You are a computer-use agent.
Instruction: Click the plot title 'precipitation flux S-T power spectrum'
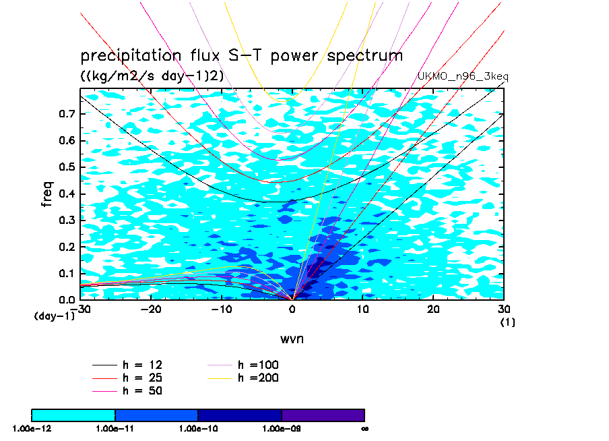coord(241,55)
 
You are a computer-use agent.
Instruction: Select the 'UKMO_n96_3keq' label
coord(463,76)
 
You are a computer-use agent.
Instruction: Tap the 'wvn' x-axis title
coord(292,339)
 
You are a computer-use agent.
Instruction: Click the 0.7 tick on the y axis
coord(66,115)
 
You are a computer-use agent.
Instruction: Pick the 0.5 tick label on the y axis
coord(66,167)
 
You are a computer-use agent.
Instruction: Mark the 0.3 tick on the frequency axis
coord(66,220)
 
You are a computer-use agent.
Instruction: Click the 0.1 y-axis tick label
coord(66,273)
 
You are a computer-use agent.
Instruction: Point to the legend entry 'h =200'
coord(258,378)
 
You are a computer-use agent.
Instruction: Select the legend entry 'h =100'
coord(258,365)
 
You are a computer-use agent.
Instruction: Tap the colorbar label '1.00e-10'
coord(198,428)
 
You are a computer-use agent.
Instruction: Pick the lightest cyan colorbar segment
coord(73,415)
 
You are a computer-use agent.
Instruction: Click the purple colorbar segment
coord(323,415)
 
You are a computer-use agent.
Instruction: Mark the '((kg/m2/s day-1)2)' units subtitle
coord(152,76)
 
